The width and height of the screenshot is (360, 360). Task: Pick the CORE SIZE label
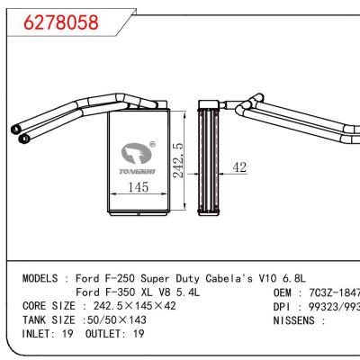pyautogui.click(x=49, y=306)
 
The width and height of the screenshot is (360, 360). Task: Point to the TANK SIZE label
pyautogui.click(x=49, y=319)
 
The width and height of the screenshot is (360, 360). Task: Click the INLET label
pyautogui.click(x=39, y=333)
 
